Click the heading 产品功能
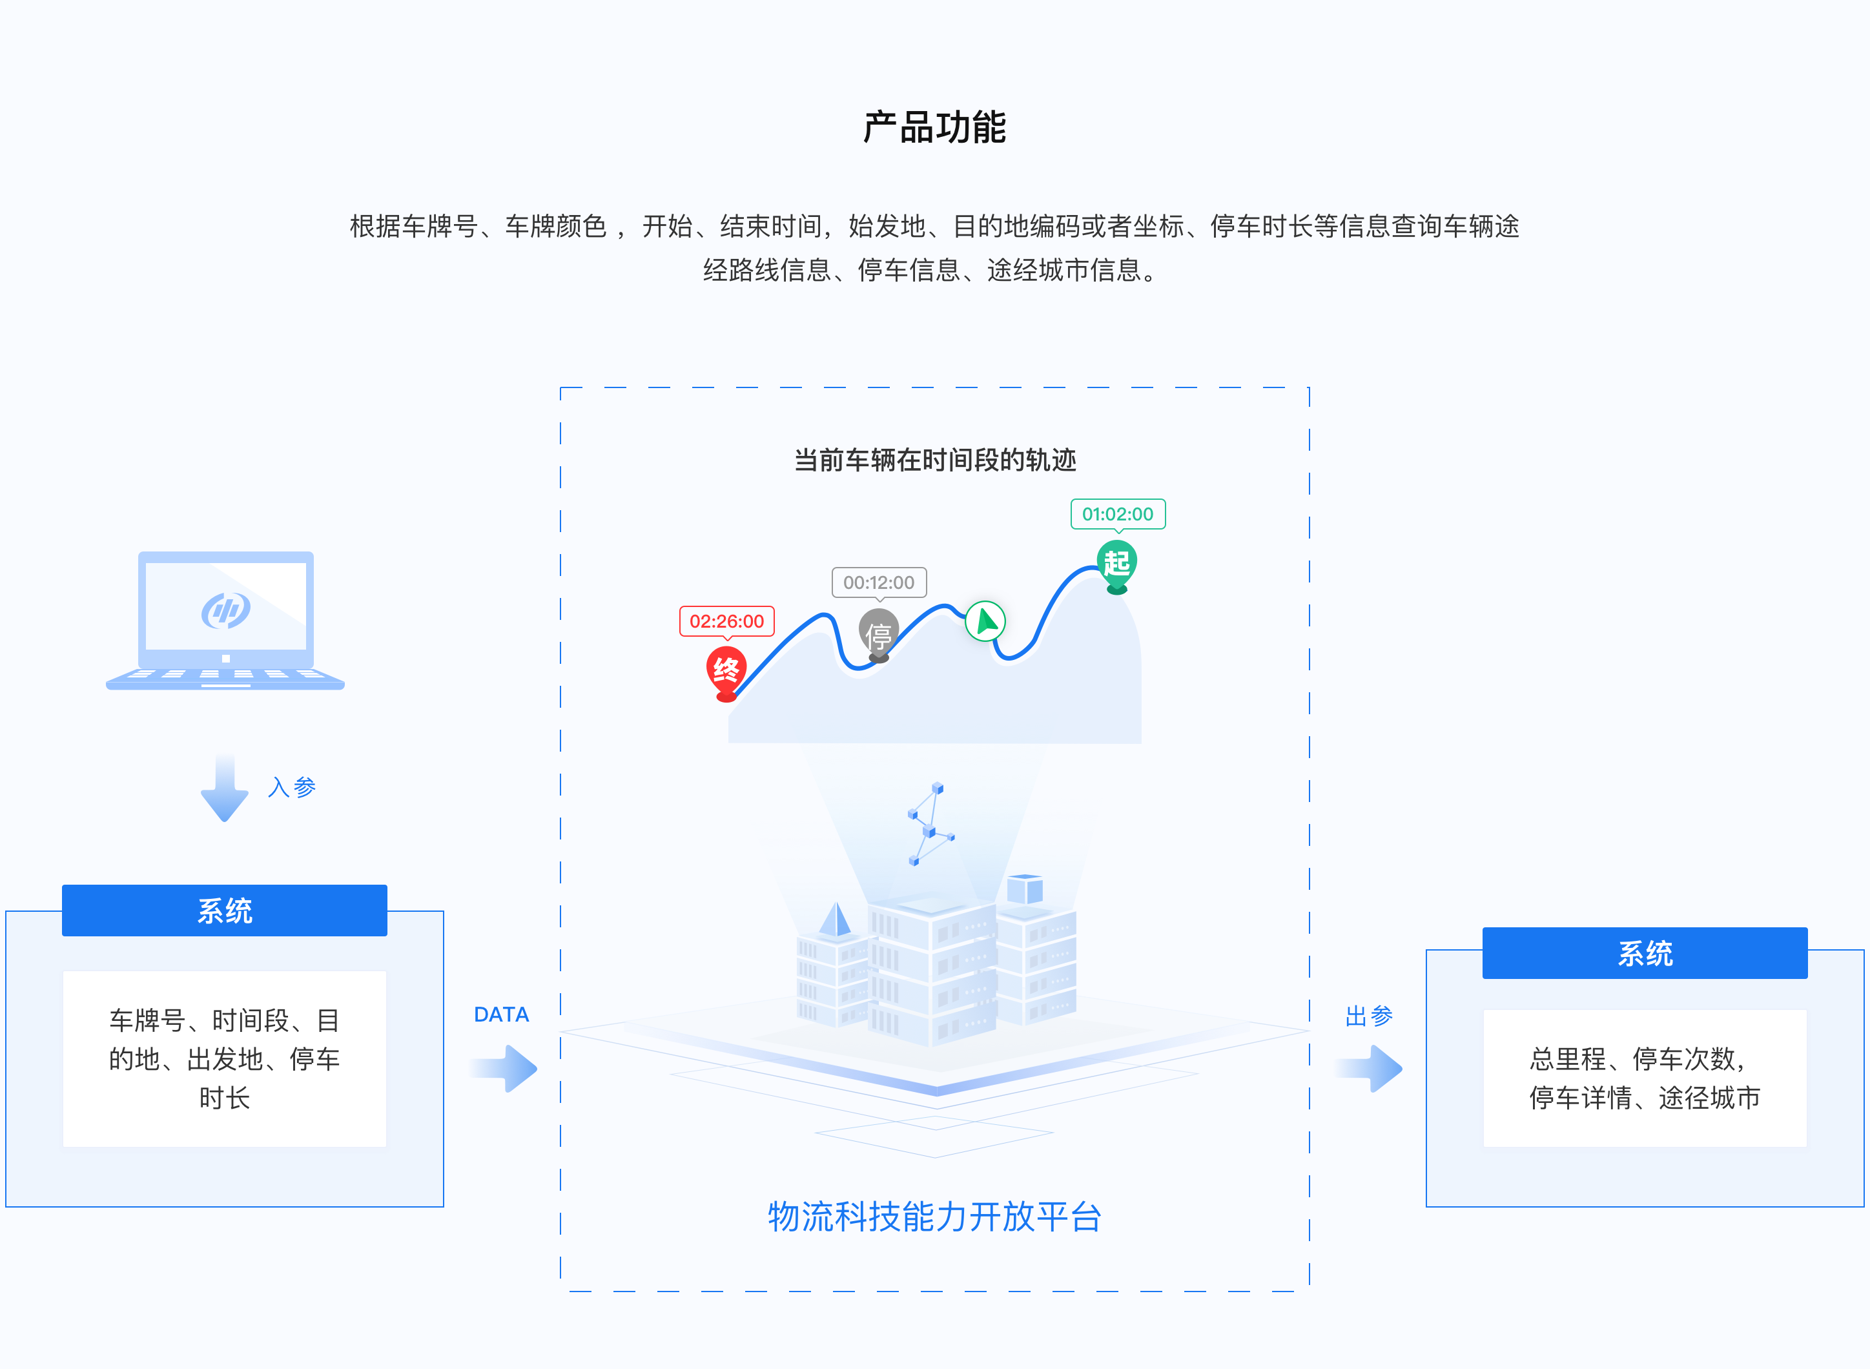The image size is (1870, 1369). click(934, 128)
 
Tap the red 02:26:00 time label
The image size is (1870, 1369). click(726, 621)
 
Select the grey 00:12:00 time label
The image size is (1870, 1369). click(878, 582)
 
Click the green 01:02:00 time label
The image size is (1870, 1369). click(1117, 514)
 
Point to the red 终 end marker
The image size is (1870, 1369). click(726, 670)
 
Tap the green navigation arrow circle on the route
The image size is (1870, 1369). click(985, 621)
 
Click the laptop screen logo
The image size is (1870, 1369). click(225, 611)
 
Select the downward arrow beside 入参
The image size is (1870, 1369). click(225, 788)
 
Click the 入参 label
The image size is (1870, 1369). click(292, 787)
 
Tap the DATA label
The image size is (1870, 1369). click(501, 1014)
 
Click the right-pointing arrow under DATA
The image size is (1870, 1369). click(506, 1068)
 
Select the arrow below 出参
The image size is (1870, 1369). click(1372, 1068)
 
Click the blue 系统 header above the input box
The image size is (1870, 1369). click(225, 911)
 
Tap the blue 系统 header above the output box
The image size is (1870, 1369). click(1644, 953)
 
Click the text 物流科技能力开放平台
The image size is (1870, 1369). click(934, 1217)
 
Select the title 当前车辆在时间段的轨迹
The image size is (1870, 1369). click(934, 460)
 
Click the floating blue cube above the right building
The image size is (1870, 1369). click(1024, 890)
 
